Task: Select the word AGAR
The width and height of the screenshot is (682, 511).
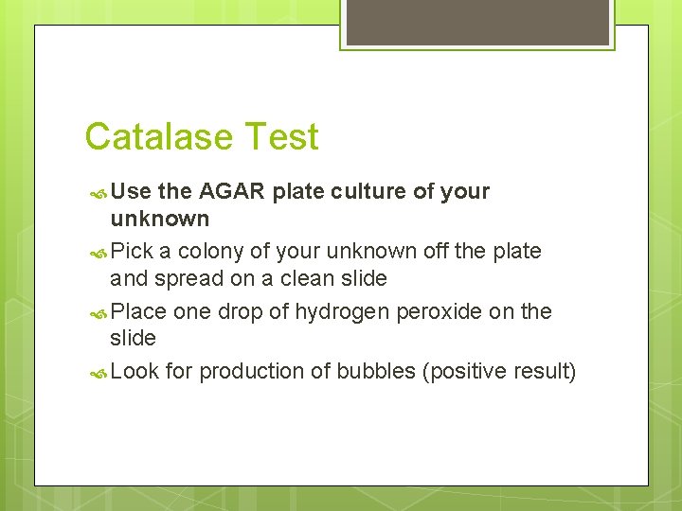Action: pos(232,191)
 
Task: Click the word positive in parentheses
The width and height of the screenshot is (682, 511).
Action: pos(467,372)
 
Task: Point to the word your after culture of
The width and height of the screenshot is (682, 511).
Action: pos(465,191)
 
